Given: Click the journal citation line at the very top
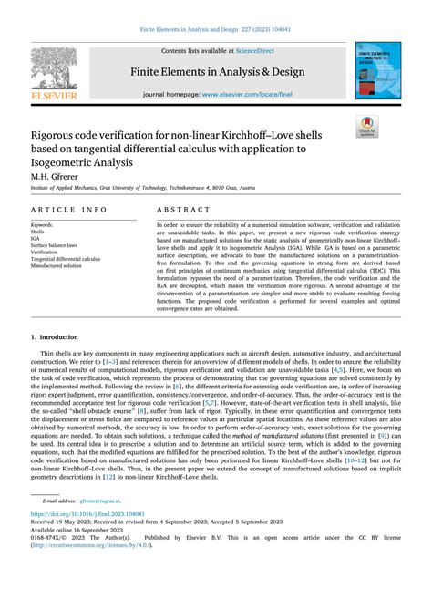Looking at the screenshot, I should click(x=216, y=30).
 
